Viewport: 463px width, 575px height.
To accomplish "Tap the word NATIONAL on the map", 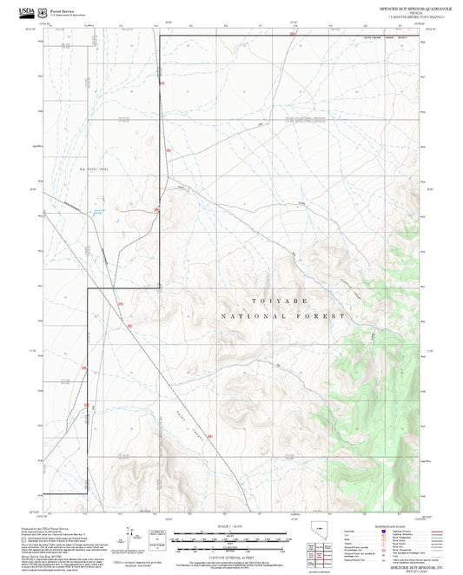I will [249, 317].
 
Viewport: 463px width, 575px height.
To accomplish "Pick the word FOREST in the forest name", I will [325, 317].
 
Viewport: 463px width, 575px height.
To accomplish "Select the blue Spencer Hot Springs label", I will [100, 211].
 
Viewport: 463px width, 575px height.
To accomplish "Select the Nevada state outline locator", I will [313, 538].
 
